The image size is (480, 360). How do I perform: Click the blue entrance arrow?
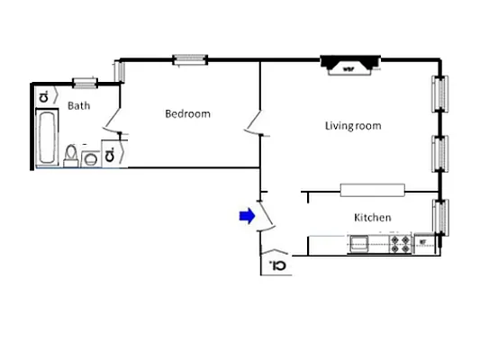coord(245,215)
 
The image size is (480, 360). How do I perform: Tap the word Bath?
coord(80,105)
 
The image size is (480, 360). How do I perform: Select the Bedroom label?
coord(187,113)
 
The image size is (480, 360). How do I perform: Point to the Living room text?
coord(352,125)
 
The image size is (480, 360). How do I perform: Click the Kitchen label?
coord(372,218)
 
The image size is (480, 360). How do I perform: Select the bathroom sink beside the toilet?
coord(90,159)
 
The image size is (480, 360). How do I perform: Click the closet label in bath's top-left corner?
coord(43,95)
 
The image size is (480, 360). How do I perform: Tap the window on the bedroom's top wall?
coord(190,60)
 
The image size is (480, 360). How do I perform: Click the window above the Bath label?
coord(85,84)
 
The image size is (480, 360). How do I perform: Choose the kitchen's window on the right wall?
coord(439,217)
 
